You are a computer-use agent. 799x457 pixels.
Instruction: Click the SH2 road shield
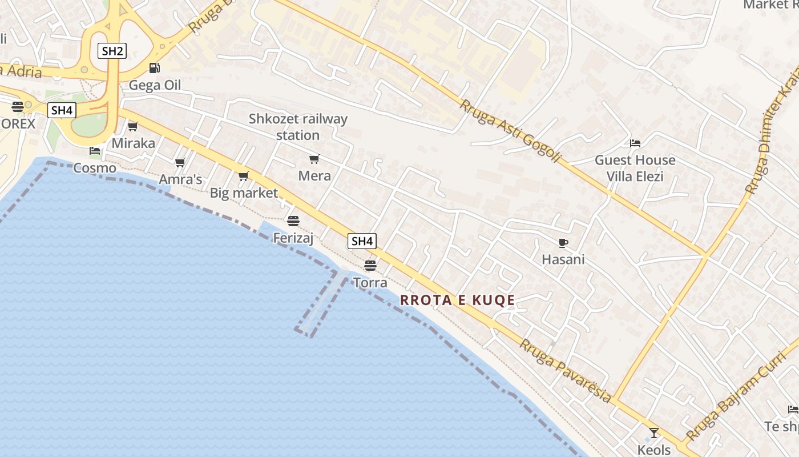[x=112, y=51]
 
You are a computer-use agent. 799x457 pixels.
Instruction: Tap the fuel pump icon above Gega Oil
[x=154, y=68]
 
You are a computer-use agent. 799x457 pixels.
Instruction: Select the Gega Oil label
[x=155, y=85]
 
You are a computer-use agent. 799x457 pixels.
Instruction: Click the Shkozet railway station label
[x=298, y=127]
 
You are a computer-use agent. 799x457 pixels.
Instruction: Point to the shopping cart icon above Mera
[x=314, y=159]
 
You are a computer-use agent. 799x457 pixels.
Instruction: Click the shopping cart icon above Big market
[x=244, y=176]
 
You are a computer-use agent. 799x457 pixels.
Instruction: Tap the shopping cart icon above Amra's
[x=180, y=163]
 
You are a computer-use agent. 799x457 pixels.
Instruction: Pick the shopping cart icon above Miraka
[x=133, y=126]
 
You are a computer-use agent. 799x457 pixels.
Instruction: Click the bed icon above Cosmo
[x=95, y=151]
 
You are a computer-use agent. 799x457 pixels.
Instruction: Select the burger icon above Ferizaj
[x=293, y=221]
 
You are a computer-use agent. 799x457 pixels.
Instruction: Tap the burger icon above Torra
[x=370, y=266]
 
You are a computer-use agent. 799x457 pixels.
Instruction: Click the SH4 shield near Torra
[x=362, y=241]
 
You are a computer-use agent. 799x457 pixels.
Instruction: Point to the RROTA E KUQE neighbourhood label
[x=458, y=300]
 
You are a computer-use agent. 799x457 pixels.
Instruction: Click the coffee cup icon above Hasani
[x=563, y=243]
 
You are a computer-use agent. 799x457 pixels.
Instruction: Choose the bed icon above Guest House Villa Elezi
[x=635, y=143]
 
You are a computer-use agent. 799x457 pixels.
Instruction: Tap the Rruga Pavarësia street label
[x=566, y=370]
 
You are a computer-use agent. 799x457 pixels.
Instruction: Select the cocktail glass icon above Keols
[x=654, y=433]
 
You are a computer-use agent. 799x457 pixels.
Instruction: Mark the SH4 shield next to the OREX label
[x=61, y=110]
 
